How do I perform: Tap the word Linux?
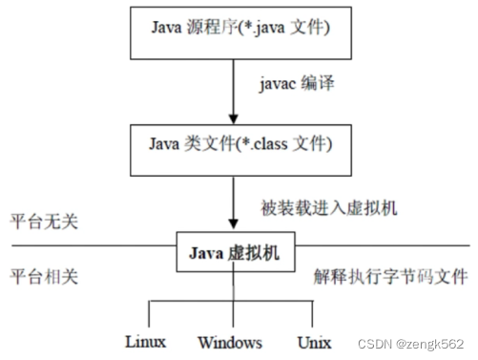146,341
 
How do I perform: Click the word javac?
277,87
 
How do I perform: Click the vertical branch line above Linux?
150,313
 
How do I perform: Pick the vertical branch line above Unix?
311,313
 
